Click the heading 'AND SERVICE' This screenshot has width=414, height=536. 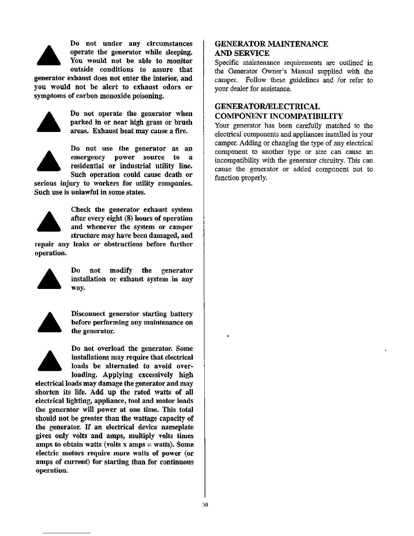(x=242, y=53)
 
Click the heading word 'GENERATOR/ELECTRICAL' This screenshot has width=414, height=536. (x=267, y=107)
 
